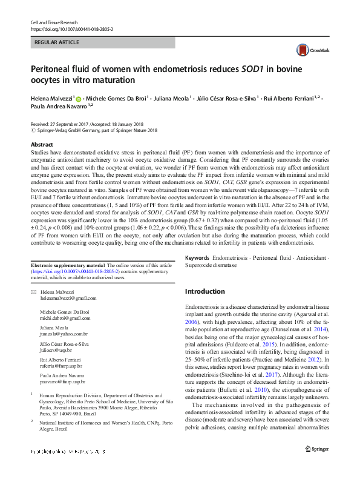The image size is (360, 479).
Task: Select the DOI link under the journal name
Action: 71,29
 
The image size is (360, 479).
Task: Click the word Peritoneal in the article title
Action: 54,69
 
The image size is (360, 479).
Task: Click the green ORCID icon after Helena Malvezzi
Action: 78,97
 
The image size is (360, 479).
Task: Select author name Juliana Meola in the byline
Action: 172,97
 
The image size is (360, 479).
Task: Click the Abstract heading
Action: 42,145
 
